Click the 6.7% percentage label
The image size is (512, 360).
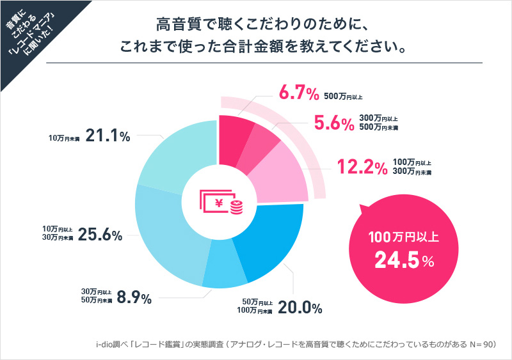298,95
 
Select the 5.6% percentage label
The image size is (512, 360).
334,123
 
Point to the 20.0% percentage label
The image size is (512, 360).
300,308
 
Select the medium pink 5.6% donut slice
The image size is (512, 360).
263,141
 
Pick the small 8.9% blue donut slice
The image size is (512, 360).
224,272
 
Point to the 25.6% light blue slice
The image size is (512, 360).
163,230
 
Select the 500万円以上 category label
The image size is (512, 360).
344,97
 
